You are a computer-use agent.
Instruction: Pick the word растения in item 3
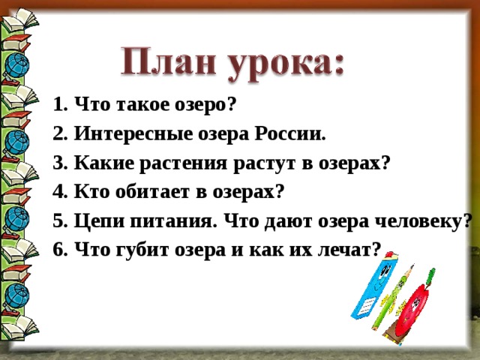(181, 164)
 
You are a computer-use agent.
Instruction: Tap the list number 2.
(60, 135)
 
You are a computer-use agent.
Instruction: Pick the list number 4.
(60, 193)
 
